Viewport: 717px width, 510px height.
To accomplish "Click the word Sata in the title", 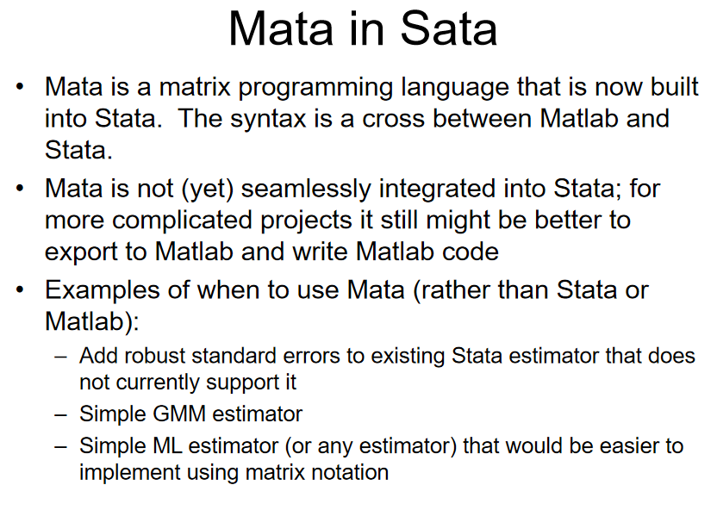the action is [x=449, y=29].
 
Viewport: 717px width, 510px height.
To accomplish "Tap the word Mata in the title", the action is [x=281, y=29].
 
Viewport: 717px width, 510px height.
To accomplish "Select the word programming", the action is [x=315, y=88].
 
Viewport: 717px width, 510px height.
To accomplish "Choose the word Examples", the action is [x=103, y=291].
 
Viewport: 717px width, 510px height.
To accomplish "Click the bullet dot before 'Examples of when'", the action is [x=19, y=289].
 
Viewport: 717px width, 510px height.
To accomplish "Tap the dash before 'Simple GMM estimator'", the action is [x=61, y=415].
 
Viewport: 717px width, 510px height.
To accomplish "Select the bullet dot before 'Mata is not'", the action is [x=19, y=189].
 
